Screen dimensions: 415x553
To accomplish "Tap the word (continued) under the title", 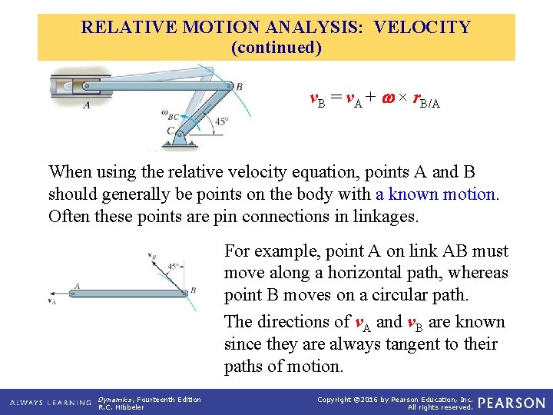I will click(x=276, y=48).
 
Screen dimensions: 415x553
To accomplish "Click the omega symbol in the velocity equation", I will click(x=387, y=98).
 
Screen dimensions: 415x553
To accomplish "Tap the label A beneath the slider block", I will click(x=85, y=105).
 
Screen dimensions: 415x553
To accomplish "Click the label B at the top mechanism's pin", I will click(x=239, y=86).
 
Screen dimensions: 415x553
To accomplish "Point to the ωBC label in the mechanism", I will click(x=171, y=115).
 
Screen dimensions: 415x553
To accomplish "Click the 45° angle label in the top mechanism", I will click(x=221, y=121).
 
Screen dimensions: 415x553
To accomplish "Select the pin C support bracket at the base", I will click(x=180, y=138).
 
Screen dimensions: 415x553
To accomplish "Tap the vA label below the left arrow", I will click(x=52, y=302).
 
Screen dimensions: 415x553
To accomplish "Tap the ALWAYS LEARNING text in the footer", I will click(x=51, y=403).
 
